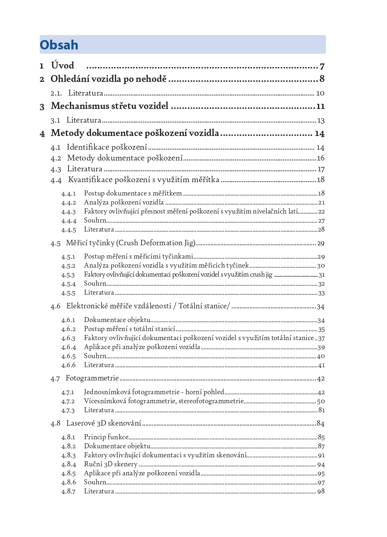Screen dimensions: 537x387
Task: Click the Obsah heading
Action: click(59, 45)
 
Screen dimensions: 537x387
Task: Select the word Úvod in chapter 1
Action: click(63, 66)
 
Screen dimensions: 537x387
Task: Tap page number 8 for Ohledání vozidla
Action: click(322, 79)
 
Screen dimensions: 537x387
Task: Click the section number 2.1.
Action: click(56, 93)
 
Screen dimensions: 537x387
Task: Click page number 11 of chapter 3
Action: click(320, 106)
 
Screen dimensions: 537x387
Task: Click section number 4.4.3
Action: click(68, 212)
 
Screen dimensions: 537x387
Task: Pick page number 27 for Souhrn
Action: click(321, 221)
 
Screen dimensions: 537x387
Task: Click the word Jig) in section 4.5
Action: click(190, 243)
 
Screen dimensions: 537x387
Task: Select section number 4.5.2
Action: click(68, 266)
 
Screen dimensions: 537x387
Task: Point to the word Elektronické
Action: click(87, 306)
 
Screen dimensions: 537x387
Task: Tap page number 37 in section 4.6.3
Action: click(321, 338)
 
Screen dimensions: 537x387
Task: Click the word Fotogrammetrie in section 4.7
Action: click(92, 378)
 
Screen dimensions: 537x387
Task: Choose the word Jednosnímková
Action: click(107, 392)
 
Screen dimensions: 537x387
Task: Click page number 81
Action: click(321, 410)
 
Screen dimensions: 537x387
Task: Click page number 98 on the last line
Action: click(321, 491)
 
